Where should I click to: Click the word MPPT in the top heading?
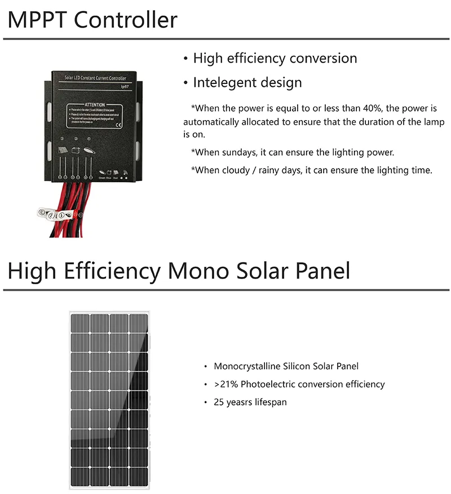pos(38,20)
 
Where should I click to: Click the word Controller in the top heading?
pos(126,20)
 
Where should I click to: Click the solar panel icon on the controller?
pos(61,149)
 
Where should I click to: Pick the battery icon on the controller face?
pos(77,150)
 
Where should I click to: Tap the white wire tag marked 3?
pos(41,212)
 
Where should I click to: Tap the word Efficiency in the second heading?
pos(113,271)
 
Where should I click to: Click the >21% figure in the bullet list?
pos(224,384)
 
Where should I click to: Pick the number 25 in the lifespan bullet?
pos(219,402)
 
